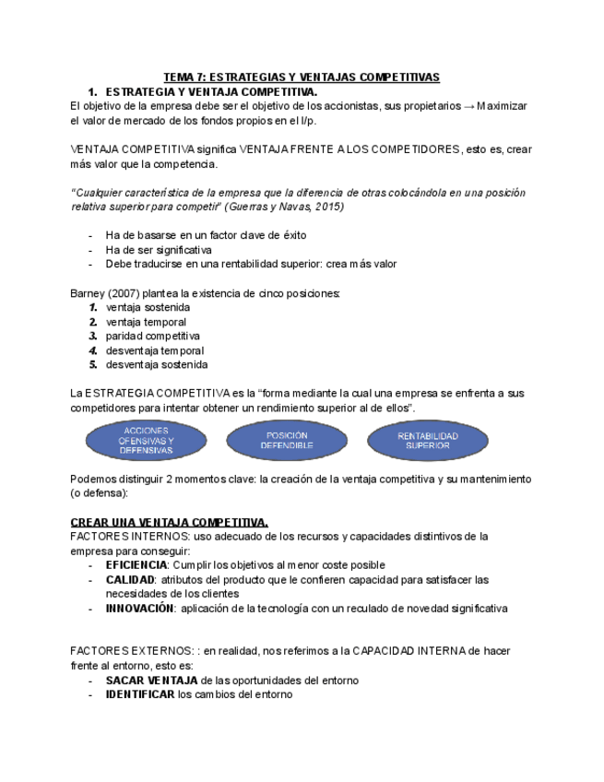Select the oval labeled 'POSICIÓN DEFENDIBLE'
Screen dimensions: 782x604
point(287,440)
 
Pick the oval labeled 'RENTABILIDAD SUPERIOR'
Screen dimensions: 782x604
point(428,440)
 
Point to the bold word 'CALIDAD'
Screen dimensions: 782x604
point(129,579)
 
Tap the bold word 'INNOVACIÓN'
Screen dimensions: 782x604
point(139,608)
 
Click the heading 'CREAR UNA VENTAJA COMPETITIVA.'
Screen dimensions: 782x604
point(170,521)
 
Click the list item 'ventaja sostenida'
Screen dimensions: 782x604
point(148,307)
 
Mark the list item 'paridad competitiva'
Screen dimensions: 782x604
point(153,336)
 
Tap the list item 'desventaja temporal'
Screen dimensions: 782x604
point(155,350)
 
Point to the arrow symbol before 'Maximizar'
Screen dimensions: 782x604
point(469,106)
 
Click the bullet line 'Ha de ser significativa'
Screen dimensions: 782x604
point(159,249)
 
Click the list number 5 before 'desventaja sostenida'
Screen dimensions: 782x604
point(93,364)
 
